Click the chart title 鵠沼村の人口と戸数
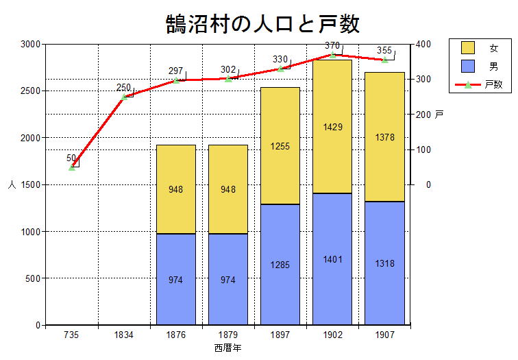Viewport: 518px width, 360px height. [262, 23]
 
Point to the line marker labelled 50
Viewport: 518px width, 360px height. [72, 167]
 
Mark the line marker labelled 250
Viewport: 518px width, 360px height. [124, 97]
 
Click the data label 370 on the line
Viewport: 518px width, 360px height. [332, 46]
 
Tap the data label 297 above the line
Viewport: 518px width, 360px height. [176, 71]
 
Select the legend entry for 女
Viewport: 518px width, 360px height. [480, 48]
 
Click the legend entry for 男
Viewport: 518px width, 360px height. [480, 67]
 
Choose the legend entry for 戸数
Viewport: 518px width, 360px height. [480, 85]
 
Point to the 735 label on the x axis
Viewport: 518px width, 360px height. [72, 335]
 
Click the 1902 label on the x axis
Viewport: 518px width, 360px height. [332, 335]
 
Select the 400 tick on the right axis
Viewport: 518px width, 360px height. [423, 44]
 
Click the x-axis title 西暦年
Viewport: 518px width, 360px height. [227, 348]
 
